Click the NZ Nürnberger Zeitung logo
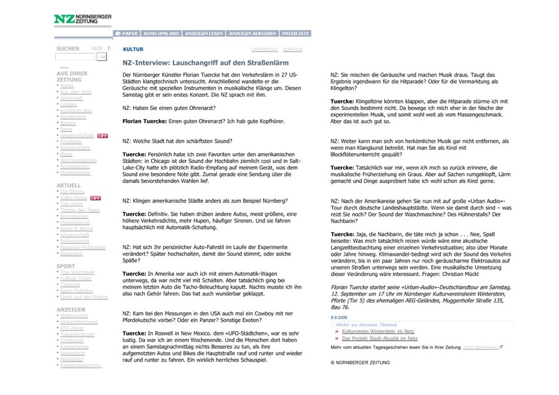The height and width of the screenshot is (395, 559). point(82,19)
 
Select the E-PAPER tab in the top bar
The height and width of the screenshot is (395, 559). point(126,34)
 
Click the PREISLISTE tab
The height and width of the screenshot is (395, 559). point(295,34)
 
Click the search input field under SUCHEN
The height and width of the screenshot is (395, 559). point(75,57)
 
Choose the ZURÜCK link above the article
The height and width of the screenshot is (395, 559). point(292,50)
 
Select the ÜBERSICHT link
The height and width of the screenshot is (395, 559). point(264,50)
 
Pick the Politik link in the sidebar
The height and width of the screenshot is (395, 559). point(67,85)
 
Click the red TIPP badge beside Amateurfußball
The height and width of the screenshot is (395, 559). point(102,135)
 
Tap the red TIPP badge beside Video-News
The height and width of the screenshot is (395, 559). point(95,198)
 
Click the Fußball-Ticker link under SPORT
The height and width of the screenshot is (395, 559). point(77,278)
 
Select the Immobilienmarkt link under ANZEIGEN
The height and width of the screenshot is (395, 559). point(79,322)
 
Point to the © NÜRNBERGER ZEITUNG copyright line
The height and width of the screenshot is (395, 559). point(360,363)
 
